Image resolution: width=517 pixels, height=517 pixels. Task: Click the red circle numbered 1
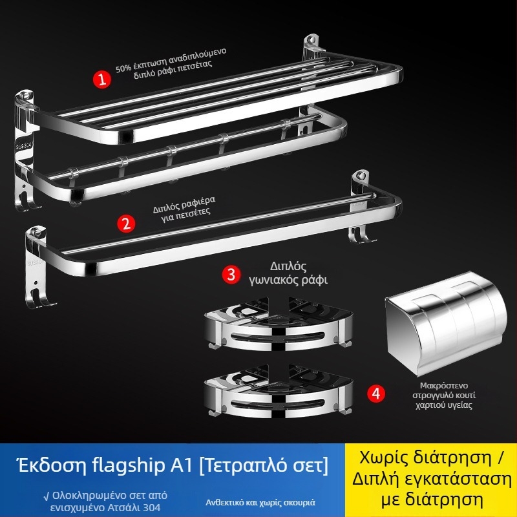tap(102, 79)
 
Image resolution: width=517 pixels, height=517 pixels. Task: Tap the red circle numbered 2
tap(126, 224)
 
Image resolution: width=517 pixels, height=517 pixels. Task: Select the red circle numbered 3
tap(231, 274)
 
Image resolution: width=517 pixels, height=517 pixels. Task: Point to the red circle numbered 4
tap(376, 394)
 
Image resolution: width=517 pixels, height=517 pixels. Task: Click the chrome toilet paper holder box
tap(446, 324)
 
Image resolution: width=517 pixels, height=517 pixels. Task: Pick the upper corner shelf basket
tap(279, 324)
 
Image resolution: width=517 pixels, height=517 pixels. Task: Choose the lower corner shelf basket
tap(279, 391)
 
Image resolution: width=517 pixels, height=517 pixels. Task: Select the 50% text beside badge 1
tap(123, 69)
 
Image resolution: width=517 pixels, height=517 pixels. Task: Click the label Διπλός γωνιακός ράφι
tap(288, 273)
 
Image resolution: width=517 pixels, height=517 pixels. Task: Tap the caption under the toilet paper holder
tap(444, 396)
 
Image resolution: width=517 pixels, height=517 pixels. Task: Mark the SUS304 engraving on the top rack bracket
tap(24, 146)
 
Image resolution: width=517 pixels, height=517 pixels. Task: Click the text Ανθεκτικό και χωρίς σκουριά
tap(260, 503)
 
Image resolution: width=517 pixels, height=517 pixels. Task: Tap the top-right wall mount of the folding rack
tap(311, 45)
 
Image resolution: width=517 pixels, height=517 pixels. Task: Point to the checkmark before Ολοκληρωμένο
tap(47, 496)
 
